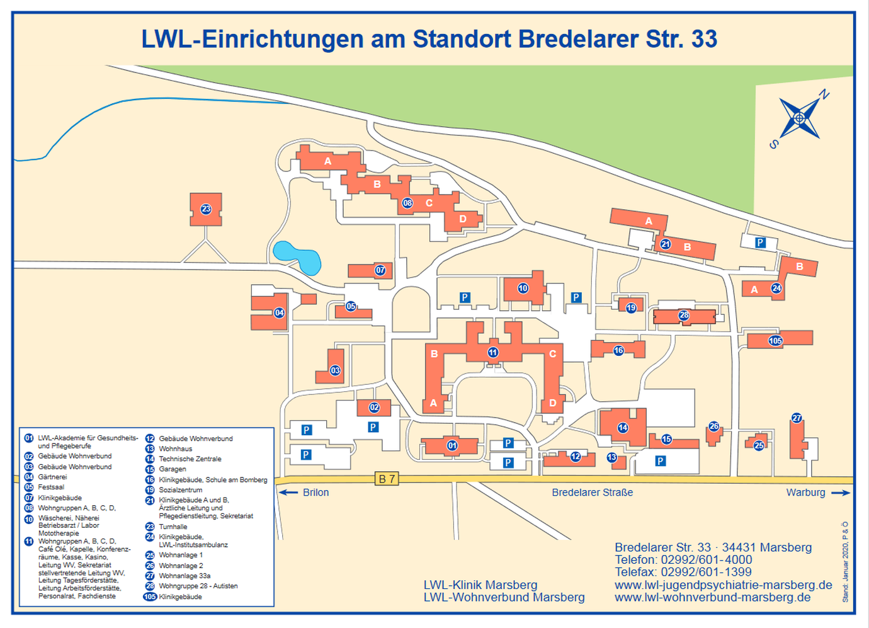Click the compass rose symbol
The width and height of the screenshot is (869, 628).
pyautogui.click(x=800, y=118)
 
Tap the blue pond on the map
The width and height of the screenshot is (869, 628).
pyautogui.click(x=297, y=258)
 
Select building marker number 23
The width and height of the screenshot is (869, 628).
pyautogui.click(x=206, y=209)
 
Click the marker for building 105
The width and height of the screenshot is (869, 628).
pyautogui.click(x=775, y=341)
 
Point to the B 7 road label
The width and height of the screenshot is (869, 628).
pyautogui.click(x=387, y=479)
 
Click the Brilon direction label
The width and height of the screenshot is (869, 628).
pyautogui.click(x=315, y=493)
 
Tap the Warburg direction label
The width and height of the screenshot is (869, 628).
pyautogui.click(x=805, y=493)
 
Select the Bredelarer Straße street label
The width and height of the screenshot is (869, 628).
pyautogui.click(x=592, y=493)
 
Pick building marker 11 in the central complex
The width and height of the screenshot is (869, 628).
pyautogui.click(x=493, y=353)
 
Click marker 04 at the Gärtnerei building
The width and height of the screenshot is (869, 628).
pyautogui.click(x=279, y=312)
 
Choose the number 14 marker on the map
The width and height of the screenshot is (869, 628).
pyautogui.click(x=622, y=428)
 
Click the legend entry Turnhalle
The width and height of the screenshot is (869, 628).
pyautogui.click(x=173, y=527)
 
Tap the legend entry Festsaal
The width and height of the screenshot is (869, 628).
pyautogui.click(x=51, y=487)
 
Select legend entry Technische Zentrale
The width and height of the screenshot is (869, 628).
pyautogui.click(x=190, y=459)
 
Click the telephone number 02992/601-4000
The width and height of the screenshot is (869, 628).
pyautogui.click(x=706, y=560)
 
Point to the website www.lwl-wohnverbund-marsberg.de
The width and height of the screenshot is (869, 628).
pyautogui.click(x=712, y=597)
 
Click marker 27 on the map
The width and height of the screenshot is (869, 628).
pyautogui.click(x=797, y=418)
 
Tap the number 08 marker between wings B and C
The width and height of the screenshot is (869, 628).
pyautogui.click(x=407, y=203)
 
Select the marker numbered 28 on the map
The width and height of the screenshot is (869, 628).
pyautogui.click(x=684, y=315)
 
